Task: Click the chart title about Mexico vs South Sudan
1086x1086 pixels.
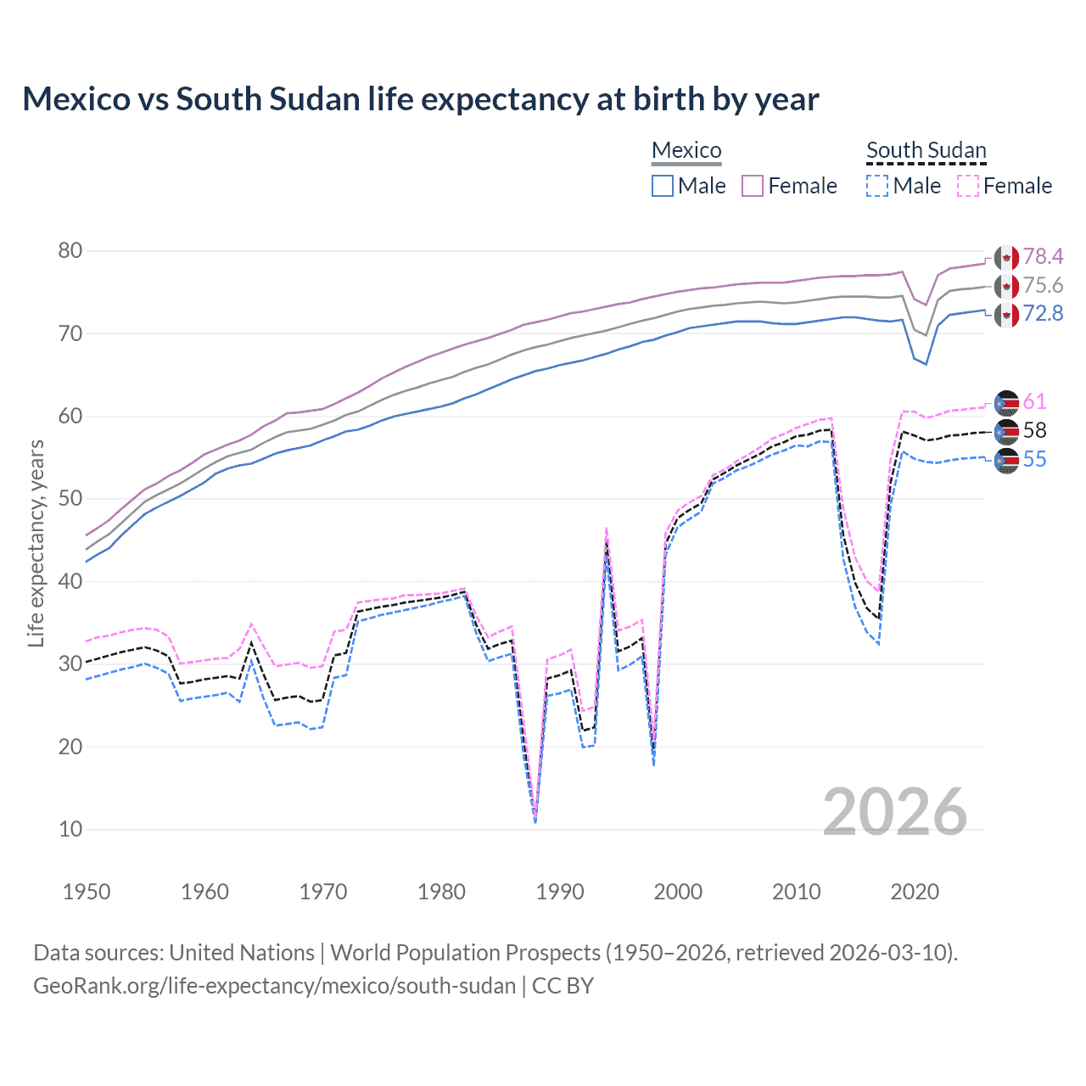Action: (x=420, y=99)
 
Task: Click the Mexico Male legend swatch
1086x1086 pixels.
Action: (x=663, y=186)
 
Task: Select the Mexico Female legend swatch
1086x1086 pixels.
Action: (x=753, y=186)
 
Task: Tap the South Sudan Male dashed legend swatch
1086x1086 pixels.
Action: (x=877, y=186)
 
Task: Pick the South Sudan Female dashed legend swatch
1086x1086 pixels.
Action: (x=968, y=186)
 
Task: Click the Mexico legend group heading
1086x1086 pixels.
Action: (x=686, y=150)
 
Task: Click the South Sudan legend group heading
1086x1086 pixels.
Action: (x=926, y=150)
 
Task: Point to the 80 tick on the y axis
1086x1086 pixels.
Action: (x=70, y=250)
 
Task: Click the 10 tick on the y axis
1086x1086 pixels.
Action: (x=70, y=829)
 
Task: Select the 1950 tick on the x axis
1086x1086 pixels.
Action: (x=87, y=892)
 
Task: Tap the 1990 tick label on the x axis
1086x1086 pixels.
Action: (x=560, y=892)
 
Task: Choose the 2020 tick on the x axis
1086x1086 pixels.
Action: (x=915, y=892)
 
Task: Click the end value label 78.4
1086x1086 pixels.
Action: (x=1043, y=256)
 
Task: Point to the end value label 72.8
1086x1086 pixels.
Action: (x=1043, y=314)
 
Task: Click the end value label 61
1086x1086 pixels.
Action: (x=1034, y=401)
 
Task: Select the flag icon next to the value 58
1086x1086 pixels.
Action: (x=1006, y=431)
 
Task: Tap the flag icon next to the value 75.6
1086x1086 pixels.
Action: (x=1006, y=286)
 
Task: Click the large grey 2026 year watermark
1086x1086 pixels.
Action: (x=894, y=812)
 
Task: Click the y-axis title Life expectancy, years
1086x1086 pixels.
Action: (x=36, y=543)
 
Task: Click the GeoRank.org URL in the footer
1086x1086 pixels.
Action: (x=274, y=986)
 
